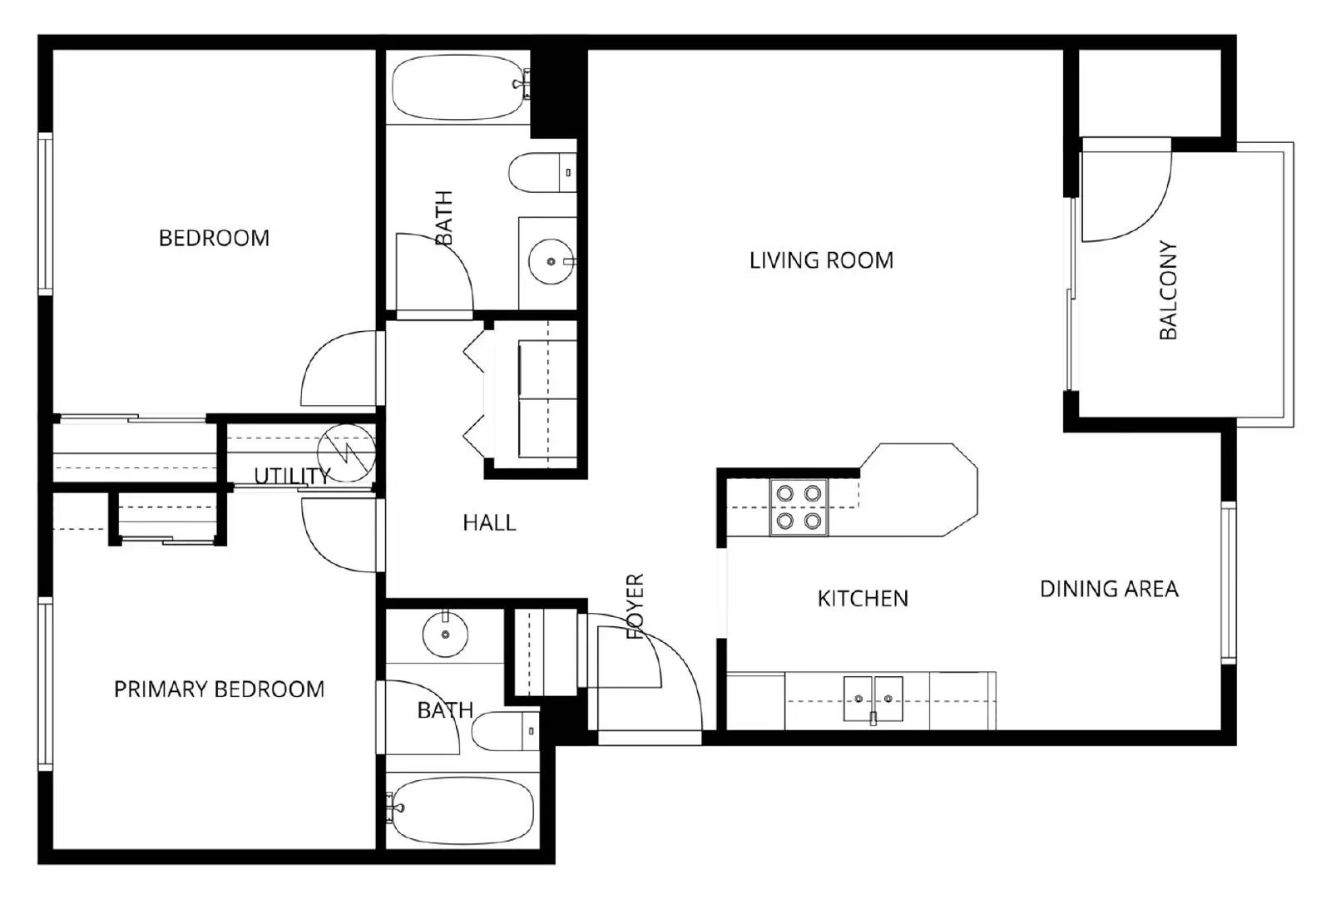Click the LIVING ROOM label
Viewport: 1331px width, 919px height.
[821, 260]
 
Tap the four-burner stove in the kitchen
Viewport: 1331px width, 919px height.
[799, 507]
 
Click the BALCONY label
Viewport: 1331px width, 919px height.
[1168, 290]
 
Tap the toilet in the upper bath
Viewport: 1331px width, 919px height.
[541, 173]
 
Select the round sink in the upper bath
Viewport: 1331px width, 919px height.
[551, 261]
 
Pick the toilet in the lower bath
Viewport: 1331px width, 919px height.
[505, 731]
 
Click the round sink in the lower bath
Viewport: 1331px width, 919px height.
[446, 635]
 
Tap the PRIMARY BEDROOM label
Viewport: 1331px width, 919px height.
[219, 689]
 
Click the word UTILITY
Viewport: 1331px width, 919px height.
[291, 476]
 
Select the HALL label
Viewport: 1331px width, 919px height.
[489, 522]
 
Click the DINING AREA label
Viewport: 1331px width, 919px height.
[1109, 589]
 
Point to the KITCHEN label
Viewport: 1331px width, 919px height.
[863, 598]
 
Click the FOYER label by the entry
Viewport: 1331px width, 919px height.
[635, 606]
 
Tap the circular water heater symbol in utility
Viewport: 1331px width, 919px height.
[347, 453]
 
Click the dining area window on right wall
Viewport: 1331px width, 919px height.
[1228, 581]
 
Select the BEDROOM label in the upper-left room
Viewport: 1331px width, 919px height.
[214, 238]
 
